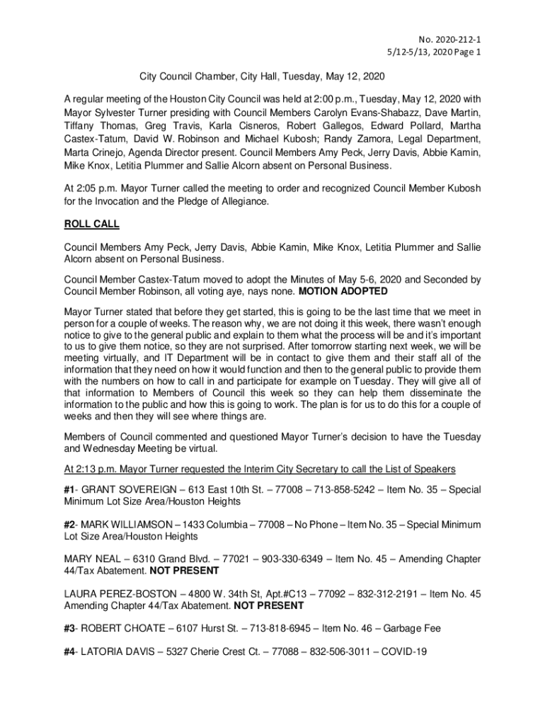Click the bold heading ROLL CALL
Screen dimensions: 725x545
click(x=92, y=224)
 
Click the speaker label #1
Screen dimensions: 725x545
click(x=71, y=490)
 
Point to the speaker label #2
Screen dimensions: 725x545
click(x=71, y=525)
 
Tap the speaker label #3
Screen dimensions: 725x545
click(x=71, y=629)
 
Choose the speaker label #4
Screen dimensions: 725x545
click(x=71, y=652)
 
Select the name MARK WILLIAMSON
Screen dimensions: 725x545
click(x=130, y=525)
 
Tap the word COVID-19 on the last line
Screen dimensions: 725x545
click(x=401, y=652)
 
